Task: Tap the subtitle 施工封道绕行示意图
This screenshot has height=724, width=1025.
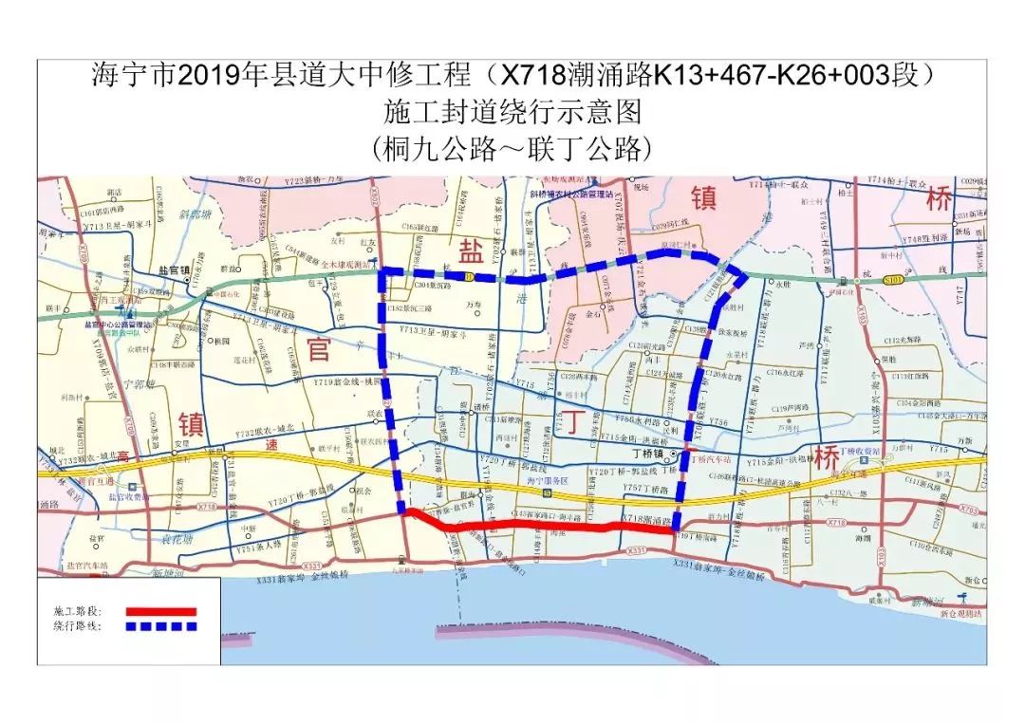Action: [513, 112]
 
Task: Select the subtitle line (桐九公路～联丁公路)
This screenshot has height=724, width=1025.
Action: [513, 148]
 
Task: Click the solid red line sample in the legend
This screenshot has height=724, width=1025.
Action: [160, 612]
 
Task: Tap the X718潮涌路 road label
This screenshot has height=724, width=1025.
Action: [646, 519]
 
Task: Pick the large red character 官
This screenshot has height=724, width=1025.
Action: [318, 349]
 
